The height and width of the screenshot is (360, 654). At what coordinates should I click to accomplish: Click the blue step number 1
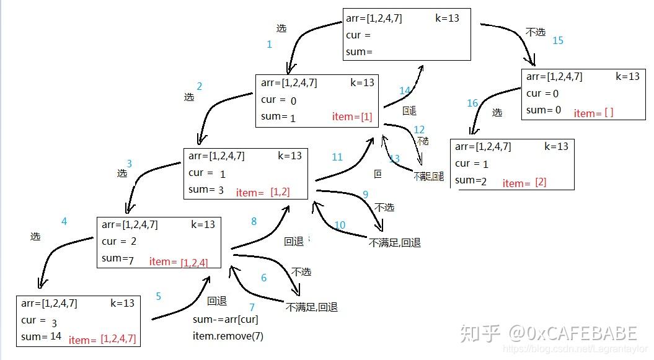pos(269,44)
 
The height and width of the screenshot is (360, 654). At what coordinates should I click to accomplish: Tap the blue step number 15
pos(557,40)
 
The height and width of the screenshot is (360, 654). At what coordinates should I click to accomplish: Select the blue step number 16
pos(472,103)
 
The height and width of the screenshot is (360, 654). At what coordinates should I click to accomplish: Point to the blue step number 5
pos(158,297)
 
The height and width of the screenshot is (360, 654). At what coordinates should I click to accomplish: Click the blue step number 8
pos(254,221)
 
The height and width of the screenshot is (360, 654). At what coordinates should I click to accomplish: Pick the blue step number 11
pos(337,157)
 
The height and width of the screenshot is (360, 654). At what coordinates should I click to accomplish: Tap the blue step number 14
pos(405,91)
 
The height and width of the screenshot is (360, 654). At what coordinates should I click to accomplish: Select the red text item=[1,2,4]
pos(179,262)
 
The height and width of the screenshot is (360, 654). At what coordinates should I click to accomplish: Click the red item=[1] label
pos(352,116)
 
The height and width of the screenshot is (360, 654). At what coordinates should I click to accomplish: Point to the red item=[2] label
pos(524,183)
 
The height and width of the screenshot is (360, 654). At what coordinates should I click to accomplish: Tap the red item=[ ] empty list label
pos(593,113)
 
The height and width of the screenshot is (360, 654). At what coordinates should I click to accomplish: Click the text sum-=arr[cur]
pos(226,320)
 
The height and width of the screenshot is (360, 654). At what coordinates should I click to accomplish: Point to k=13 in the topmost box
pos(447,18)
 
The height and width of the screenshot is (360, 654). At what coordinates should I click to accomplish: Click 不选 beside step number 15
pos(535,32)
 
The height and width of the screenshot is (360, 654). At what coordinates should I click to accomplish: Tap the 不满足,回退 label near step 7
pos(311,307)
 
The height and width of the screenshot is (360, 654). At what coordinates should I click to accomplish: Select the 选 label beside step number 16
pos(497,113)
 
